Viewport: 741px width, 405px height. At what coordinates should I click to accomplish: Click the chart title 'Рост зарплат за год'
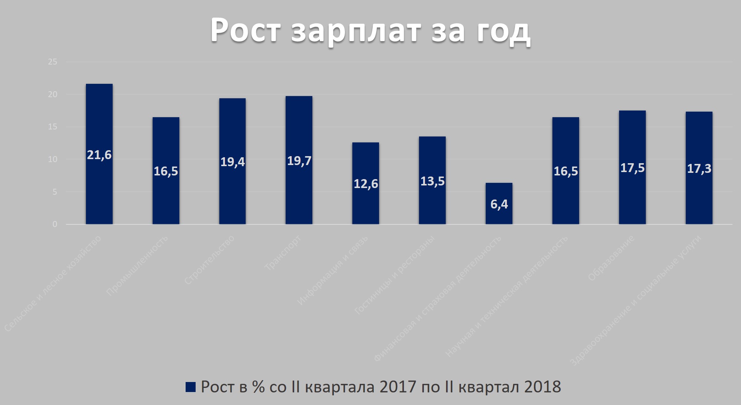[x=370, y=30]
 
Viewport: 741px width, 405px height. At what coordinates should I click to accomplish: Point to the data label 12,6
[x=366, y=184]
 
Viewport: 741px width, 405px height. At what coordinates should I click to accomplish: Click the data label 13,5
[x=432, y=181]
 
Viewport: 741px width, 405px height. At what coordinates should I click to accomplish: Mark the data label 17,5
[x=632, y=168]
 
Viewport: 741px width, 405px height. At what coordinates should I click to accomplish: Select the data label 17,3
[x=699, y=169]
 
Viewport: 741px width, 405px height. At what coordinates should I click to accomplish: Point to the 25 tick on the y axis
[x=53, y=62]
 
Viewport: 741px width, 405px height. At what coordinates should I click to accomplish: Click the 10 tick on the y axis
[x=53, y=159]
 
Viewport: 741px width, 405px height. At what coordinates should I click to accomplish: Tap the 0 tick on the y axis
[x=55, y=224]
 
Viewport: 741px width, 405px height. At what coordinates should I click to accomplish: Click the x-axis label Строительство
[x=209, y=260]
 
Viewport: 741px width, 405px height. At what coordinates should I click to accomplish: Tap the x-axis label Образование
[x=611, y=258]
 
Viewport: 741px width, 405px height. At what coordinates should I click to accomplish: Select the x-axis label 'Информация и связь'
[x=332, y=270]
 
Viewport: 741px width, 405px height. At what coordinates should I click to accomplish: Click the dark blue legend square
[x=190, y=387]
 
